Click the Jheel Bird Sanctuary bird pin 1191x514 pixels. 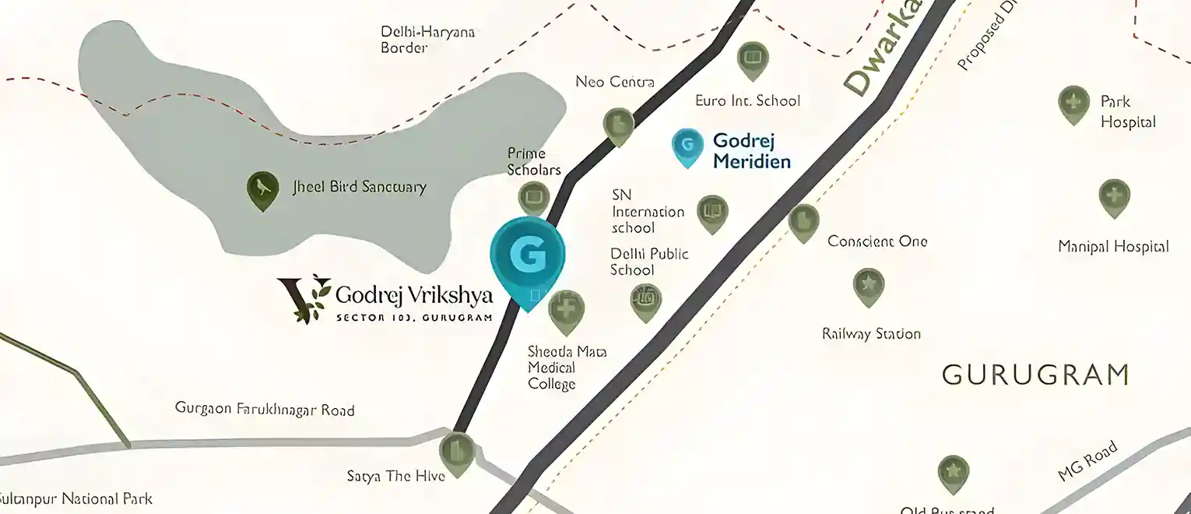pos(263,189)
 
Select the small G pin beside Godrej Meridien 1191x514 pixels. pos(687,146)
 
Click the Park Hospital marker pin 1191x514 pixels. pos(1073,103)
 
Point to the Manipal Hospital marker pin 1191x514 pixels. pos(1114,195)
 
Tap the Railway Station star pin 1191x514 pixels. pos(868,285)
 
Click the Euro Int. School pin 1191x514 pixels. pos(752,58)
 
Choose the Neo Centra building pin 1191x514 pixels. pos(619,125)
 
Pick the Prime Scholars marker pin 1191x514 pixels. pos(534,199)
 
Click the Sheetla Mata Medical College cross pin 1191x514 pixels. pos(567,309)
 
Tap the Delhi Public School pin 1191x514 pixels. pos(646,300)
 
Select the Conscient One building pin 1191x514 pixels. pos(803,221)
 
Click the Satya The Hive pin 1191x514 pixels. pos(456,452)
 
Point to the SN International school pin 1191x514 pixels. pos(711,212)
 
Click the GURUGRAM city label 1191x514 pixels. pos(1035,375)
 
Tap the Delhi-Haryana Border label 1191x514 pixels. pos(427,40)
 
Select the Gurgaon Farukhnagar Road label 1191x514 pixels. pos(265,409)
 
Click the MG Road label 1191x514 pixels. pos(1087,462)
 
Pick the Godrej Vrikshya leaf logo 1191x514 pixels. pos(304,297)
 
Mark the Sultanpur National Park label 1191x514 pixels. pos(76,499)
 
